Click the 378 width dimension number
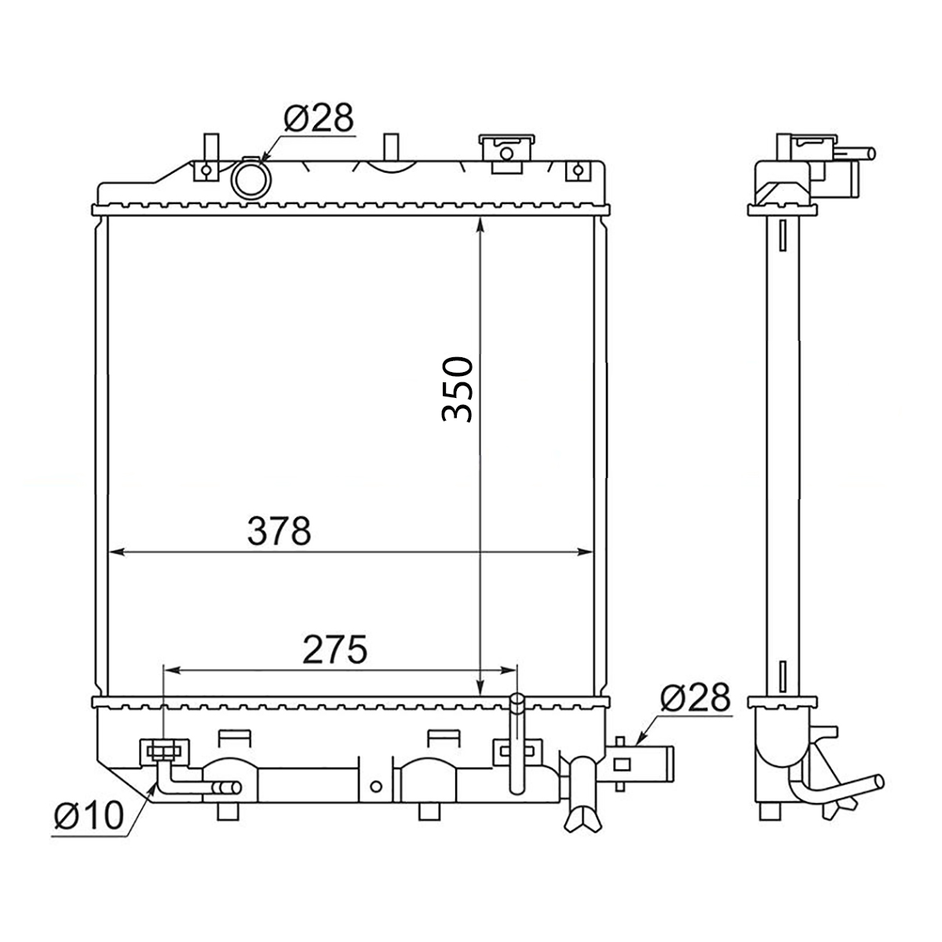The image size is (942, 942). pyautogui.click(x=279, y=531)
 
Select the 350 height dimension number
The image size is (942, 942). pyautogui.click(x=458, y=389)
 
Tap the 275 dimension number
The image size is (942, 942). pyautogui.click(x=335, y=650)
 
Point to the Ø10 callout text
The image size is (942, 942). pyautogui.click(x=89, y=816)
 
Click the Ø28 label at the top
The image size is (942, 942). pyautogui.click(x=318, y=118)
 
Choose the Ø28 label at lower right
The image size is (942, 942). pyautogui.click(x=696, y=697)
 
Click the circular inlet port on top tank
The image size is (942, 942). pyautogui.click(x=251, y=178)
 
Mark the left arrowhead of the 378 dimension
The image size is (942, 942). pyautogui.click(x=115, y=552)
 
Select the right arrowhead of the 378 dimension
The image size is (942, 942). pyautogui.click(x=585, y=552)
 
